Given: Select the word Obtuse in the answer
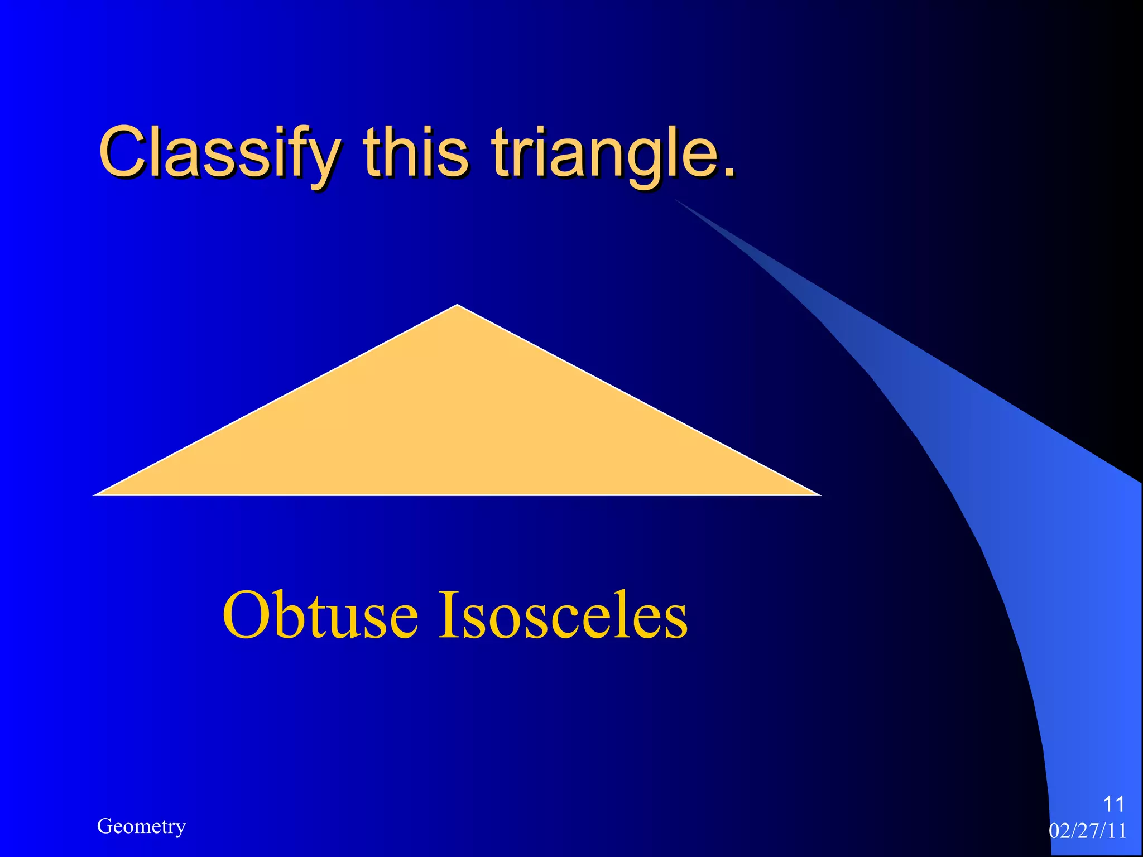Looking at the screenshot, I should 320,615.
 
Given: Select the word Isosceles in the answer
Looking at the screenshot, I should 563,615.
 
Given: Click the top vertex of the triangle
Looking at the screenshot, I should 457,305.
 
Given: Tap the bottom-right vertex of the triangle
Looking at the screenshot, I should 820,494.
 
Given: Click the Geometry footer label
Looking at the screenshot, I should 141,826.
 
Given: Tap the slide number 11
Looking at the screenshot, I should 1113,804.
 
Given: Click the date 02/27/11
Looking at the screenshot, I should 1087,831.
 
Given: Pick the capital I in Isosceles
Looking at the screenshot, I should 448,615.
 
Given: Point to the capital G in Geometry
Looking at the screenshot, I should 104,826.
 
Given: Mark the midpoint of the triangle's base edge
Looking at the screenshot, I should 457,494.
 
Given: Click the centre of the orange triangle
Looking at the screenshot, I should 457,431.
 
